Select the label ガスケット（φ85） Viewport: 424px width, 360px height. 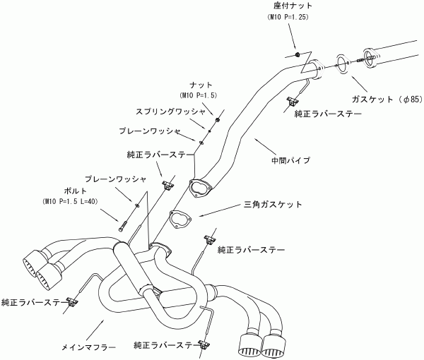click(387, 100)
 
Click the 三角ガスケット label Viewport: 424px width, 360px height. click(273, 204)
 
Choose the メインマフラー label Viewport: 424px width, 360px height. click(88, 347)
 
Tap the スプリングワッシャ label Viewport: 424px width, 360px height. click(170, 112)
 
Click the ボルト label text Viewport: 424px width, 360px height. click(76, 191)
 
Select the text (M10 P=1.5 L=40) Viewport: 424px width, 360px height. click(70, 201)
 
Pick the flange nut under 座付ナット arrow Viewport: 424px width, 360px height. click(297, 54)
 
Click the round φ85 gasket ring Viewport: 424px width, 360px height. click(343, 64)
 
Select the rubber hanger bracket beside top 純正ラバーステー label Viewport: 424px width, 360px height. click(293, 101)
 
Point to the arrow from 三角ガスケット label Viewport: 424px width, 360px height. click(220, 210)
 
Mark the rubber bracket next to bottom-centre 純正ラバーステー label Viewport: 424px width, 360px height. click(204, 344)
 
